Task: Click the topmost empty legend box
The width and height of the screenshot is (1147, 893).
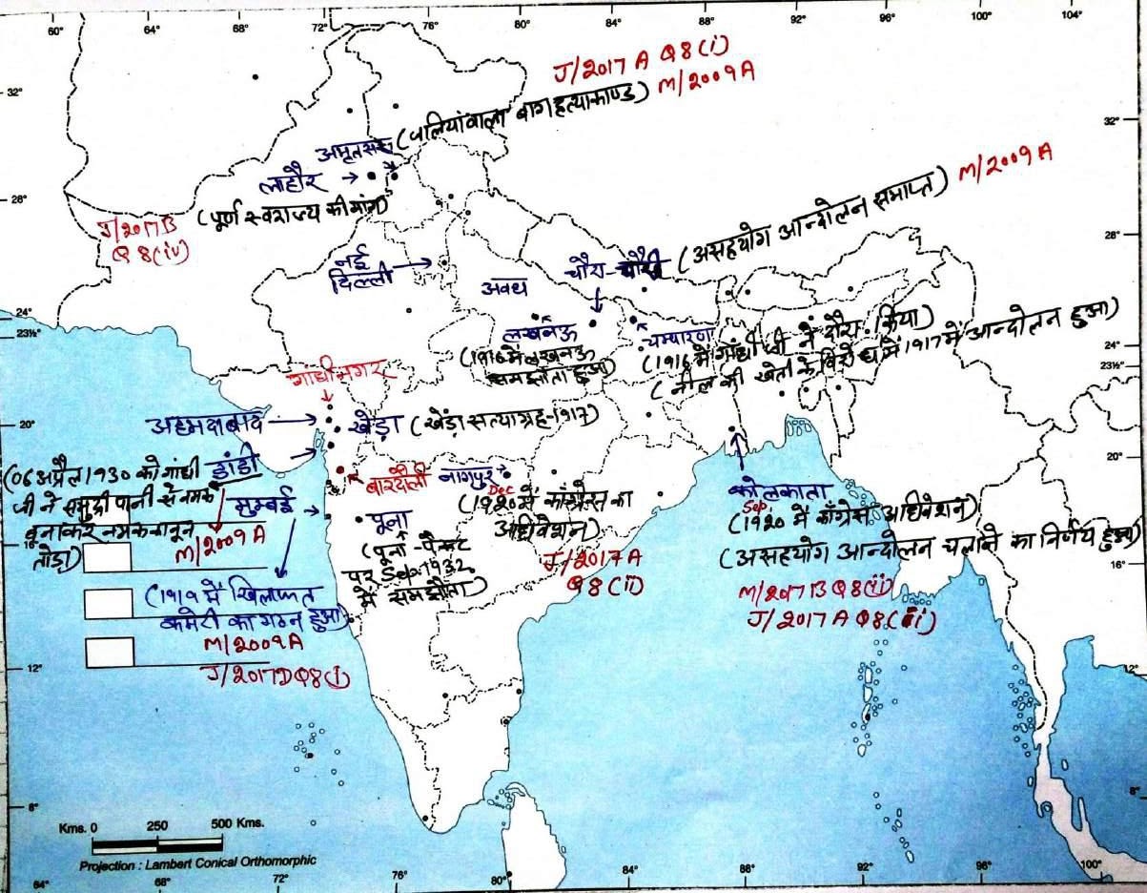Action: pos(107,558)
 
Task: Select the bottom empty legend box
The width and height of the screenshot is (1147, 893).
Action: pos(109,652)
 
